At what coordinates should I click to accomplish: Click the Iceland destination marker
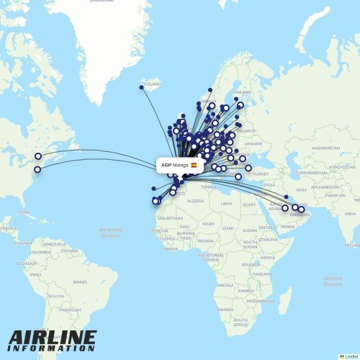tap(141, 88)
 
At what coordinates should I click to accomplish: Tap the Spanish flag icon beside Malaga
tap(193, 165)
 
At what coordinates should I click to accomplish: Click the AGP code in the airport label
tap(166, 165)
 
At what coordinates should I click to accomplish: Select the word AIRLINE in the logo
tap(53, 337)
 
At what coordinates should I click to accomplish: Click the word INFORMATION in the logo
tap(52, 349)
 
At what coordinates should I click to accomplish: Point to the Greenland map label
tap(101, 1)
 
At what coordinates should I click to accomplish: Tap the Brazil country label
tap(80, 282)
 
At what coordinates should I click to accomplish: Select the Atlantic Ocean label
tap(110, 233)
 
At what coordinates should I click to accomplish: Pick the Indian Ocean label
tap(333, 281)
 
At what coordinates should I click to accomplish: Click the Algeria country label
tap(196, 201)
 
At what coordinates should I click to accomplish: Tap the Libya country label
tap(226, 203)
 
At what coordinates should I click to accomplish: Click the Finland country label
tap(242, 92)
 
